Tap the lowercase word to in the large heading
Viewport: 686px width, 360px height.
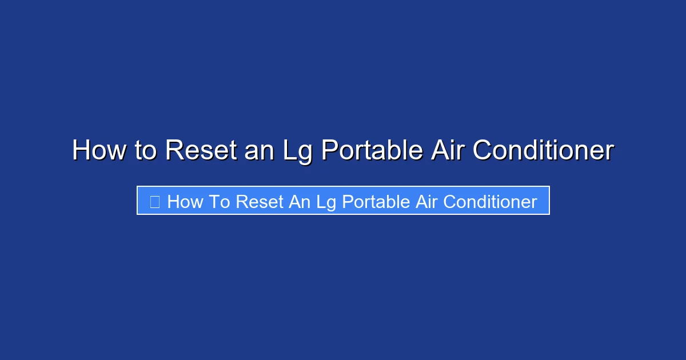coord(146,151)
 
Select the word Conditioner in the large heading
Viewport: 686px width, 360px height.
coord(544,151)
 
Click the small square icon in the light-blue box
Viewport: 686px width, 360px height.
coord(154,202)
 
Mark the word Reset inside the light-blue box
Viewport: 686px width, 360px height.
coord(260,202)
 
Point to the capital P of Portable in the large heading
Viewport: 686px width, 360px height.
coord(330,151)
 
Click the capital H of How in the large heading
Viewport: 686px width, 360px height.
coord(82,151)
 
